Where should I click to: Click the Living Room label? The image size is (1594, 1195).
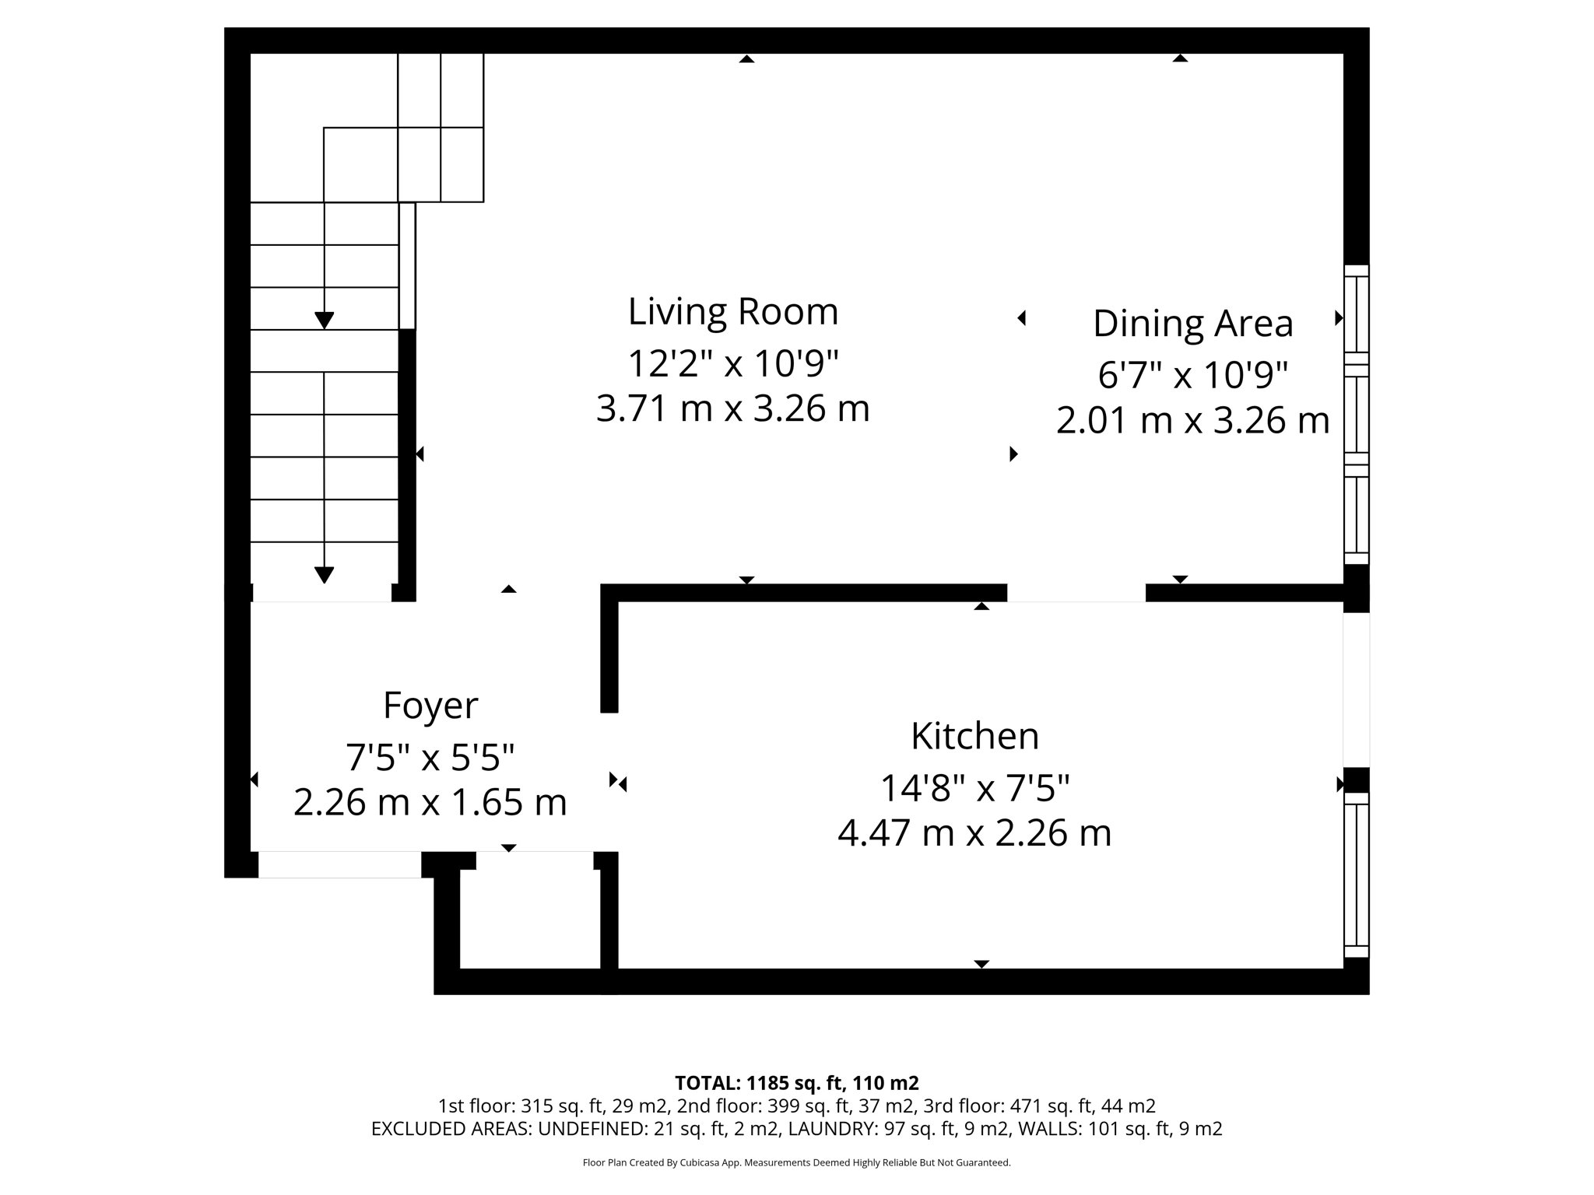[732, 312]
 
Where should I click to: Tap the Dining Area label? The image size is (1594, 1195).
[1192, 324]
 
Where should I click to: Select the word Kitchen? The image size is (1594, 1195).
[974, 736]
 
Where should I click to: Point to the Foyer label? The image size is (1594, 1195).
[430, 706]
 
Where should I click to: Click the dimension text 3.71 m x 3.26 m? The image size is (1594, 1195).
[732, 408]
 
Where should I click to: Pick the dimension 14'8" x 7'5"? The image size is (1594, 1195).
[974, 788]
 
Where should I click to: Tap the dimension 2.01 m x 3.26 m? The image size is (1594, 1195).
[1192, 420]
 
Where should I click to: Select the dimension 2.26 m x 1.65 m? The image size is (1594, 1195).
[430, 802]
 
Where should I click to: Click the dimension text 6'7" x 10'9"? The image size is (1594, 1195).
[1192, 375]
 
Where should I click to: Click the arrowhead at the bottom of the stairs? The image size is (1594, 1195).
[324, 575]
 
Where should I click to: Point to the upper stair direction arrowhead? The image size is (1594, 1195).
[324, 320]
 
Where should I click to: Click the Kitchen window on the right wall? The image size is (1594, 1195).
[1356, 875]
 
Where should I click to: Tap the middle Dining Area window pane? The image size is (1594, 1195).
[1356, 420]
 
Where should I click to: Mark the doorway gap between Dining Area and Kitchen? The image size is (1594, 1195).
[1076, 593]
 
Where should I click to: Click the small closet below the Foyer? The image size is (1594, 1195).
[530, 918]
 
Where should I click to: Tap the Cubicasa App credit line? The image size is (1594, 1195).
[796, 1163]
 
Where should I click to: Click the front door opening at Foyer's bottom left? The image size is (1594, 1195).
[339, 865]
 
